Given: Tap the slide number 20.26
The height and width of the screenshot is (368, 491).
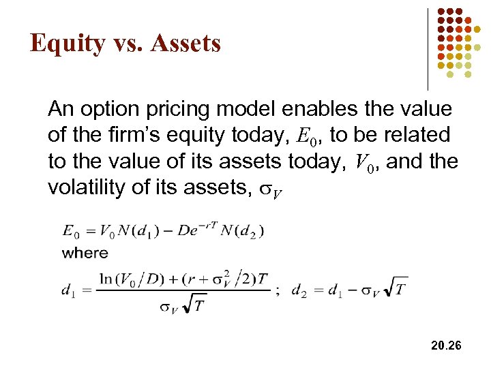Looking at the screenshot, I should coord(446,346).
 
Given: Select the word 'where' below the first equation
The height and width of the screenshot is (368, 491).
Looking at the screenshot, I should coord(85,253).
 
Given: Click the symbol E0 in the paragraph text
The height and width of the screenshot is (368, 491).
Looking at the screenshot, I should coord(307,136).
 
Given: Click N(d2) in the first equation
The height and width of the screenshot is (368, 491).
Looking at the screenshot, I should coord(243,230).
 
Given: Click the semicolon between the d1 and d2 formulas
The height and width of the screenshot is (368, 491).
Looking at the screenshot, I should coord(277,291).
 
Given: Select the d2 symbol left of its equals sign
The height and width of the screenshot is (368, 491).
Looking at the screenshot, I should coord(298,291).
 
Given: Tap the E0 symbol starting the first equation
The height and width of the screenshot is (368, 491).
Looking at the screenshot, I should coord(70,230).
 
